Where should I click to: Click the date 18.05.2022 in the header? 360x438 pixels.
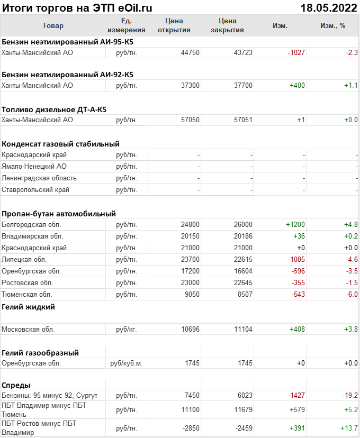(x=328, y=7)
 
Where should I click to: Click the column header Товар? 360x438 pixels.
(x=52, y=25)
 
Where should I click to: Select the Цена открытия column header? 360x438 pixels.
(x=174, y=25)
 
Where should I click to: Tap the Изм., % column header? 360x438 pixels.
(x=332, y=25)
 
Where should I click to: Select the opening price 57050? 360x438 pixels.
(x=190, y=120)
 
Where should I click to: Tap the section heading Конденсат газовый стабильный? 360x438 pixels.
(x=60, y=143)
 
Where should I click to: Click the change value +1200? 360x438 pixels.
(x=295, y=224)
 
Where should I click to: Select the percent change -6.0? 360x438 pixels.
(x=352, y=294)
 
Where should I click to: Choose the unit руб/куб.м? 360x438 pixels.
(x=127, y=363)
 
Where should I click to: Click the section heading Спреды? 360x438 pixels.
(x=16, y=385)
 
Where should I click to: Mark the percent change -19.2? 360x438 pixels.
(x=349, y=396)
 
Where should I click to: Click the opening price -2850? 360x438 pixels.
(x=189, y=427)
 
